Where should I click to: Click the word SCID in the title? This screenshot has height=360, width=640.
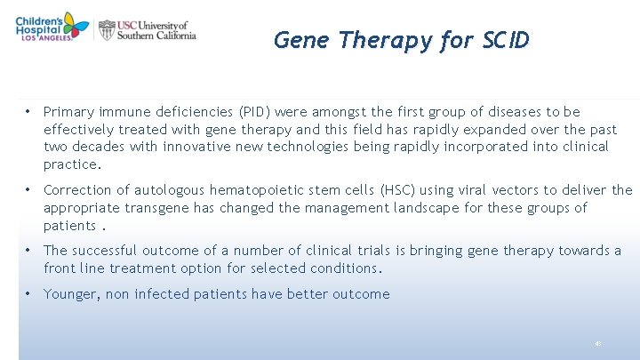[x=506, y=40]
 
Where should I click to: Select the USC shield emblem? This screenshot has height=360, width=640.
[x=107, y=30]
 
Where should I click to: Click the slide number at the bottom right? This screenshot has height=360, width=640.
[x=598, y=343]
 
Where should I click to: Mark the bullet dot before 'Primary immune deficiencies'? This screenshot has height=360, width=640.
[x=29, y=112]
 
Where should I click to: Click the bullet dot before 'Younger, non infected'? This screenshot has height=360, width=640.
[x=29, y=294]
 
